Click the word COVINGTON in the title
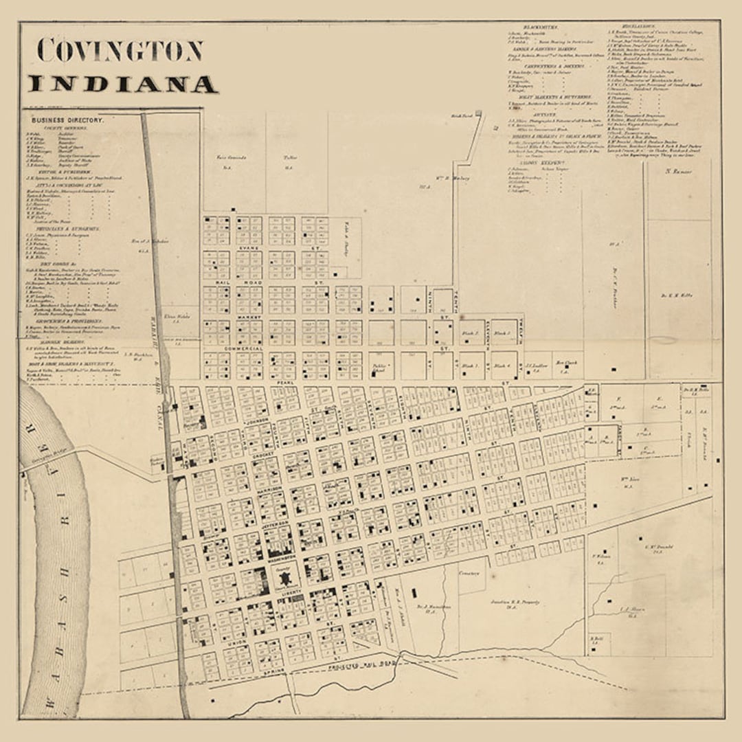(x=120, y=50)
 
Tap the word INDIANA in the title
(x=122, y=85)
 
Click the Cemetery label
(x=468, y=572)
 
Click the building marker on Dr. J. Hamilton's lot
(x=415, y=592)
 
